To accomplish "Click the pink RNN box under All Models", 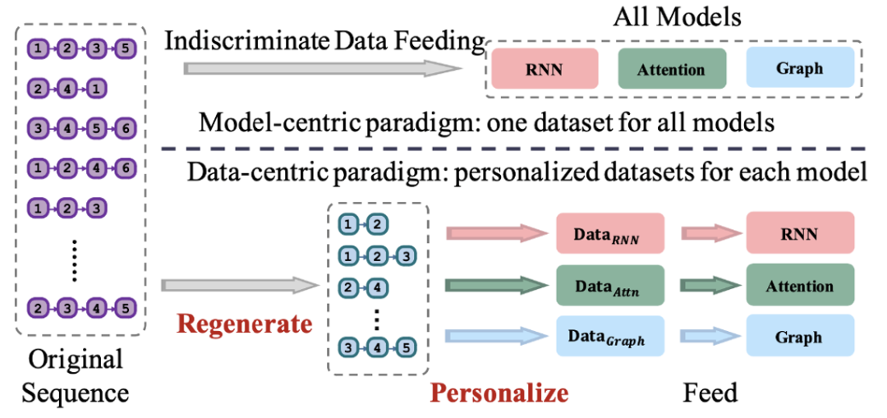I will [x=544, y=69].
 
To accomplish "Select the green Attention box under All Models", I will [x=672, y=69].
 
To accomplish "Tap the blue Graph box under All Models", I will [x=799, y=68].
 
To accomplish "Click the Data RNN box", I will [x=609, y=234].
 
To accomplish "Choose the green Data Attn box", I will [x=609, y=287].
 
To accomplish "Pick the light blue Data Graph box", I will [x=609, y=337].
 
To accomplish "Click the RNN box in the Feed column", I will [x=799, y=234].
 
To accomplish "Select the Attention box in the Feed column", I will [x=799, y=287].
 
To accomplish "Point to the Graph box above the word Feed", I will [x=799, y=337].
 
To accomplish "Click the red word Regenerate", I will [x=245, y=324].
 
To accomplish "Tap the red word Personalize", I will [x=499, y=393].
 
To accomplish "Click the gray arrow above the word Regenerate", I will [x=238, y=286].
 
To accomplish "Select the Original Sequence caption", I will [x=75, y=375].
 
